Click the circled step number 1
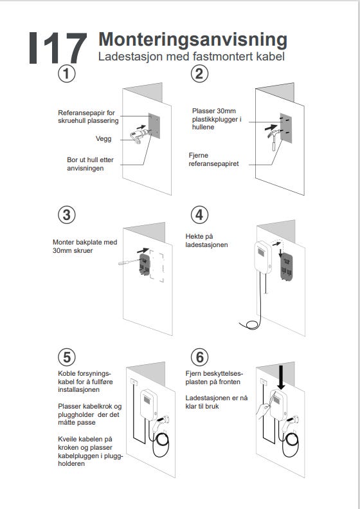tap(66, 74)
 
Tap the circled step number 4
tap(199, 215)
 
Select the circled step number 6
tap(199, 357)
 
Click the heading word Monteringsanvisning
tap(193, 40)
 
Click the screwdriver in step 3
tap(129, 262)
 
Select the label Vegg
tap(104, 138)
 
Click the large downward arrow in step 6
tap(281, 377)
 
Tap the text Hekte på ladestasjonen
tap(206, 241)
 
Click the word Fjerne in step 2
tap(199, 155)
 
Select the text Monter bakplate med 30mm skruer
tap(85, 246)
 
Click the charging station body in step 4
tap(263, 257)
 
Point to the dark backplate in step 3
tap(145, 264)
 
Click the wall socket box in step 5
tap(134, 382)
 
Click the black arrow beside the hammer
tap(271, 127)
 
